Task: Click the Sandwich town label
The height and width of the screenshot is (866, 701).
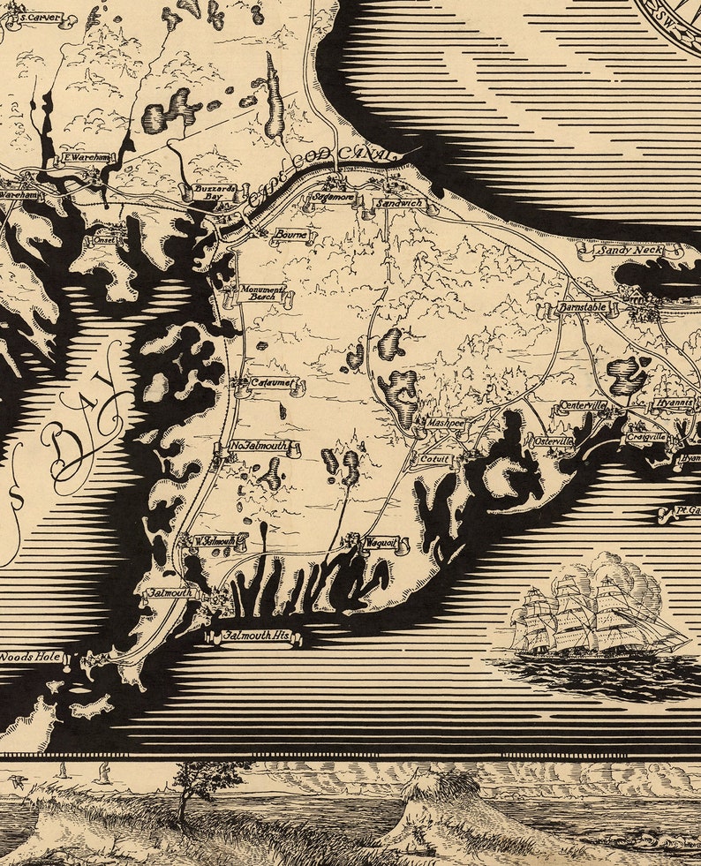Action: (399, 203)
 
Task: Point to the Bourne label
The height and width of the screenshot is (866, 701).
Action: (290, 235)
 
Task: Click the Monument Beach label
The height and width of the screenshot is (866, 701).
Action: (261, 293)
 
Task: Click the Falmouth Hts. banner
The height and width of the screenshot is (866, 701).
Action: (256, 635)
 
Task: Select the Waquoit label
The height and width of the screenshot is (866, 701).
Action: (381, 542)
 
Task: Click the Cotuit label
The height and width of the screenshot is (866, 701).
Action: (433, 459)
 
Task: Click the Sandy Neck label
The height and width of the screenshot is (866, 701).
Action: (629, 251)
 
